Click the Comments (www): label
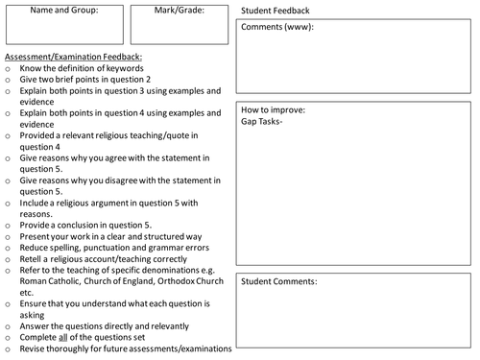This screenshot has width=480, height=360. pos(276,27)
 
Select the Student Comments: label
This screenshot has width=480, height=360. pos(279,281)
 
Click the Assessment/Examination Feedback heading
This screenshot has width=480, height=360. pos(73,57)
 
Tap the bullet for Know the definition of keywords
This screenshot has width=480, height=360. pos(8,68)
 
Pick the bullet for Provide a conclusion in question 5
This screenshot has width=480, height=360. pos(8,224)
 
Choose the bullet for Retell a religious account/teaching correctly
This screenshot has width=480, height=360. pos(8,258)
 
